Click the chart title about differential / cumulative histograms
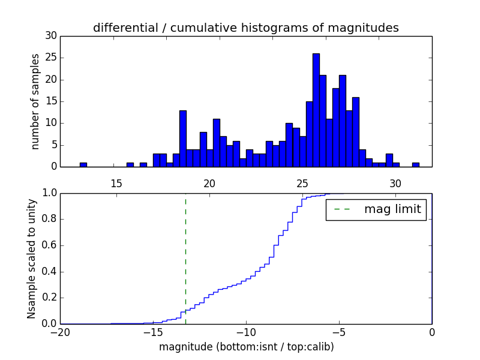tap(245, 28)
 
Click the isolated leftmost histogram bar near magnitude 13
tap(83, 164)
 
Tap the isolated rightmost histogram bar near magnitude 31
tap(415, 164)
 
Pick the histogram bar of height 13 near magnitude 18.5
tap(183, 139)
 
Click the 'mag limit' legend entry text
tap(392, 209)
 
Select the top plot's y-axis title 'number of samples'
tap(35, 101)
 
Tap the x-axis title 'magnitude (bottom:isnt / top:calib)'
tap(247, 347)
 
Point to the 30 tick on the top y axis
tap(51, 36)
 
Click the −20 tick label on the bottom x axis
tap(60, 333)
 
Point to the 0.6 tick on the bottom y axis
tap(49, 245)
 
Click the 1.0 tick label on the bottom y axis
tap(49, 193)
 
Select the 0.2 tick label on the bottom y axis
tap(49, 298)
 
